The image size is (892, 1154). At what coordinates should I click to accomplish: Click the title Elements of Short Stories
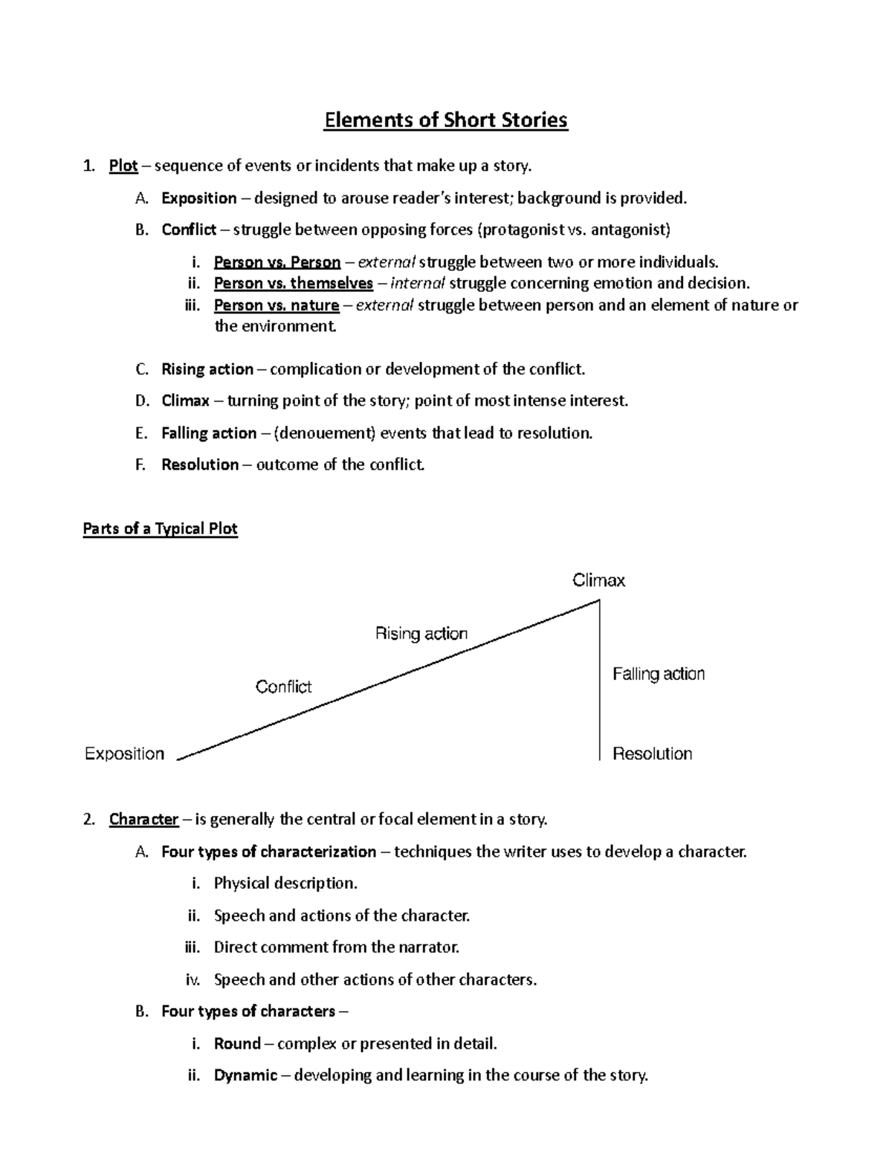pyautogui.click(x=445, y=120)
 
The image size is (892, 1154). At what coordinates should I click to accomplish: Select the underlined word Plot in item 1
pyautogui.click(x=123, y=166)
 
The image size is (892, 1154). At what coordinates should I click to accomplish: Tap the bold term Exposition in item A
pyautogui.click(x=198, y=198)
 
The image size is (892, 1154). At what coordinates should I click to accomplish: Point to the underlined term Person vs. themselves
pyautogui.click(x=293, y=283)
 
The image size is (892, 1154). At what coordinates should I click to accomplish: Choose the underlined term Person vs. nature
pyautogui.click(x=276, y=305)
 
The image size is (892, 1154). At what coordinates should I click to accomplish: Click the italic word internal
pyautogui.click(x=417, y=283)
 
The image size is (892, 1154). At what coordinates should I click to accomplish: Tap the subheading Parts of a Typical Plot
pyautogui.click(x=160, y=529)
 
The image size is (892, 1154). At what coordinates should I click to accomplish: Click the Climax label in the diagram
pyautogui.click(x=598, y=580)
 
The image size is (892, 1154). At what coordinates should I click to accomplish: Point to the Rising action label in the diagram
pyautogui.click(x=421, y=634)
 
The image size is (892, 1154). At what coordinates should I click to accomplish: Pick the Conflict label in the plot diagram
pyautogui.click(x=283, y=687)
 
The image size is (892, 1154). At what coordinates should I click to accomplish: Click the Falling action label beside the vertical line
pyautogui.click(x=658, y=674)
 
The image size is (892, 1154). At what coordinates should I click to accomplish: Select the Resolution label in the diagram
pyautogui.click(x=652, y=753)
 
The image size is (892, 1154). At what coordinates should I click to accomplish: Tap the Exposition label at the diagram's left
pyautogui.click(x=124, y=753)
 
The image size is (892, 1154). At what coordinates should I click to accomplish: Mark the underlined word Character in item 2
pyautogui.click(x=143, y=820)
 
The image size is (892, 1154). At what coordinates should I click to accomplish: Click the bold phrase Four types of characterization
pyautogui.click(x=268, y=852)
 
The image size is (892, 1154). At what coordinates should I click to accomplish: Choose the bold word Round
pyautogui.click(x=237, y=1044)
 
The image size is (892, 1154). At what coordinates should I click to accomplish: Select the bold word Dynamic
pyautogui.click(x=245, y=1075)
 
